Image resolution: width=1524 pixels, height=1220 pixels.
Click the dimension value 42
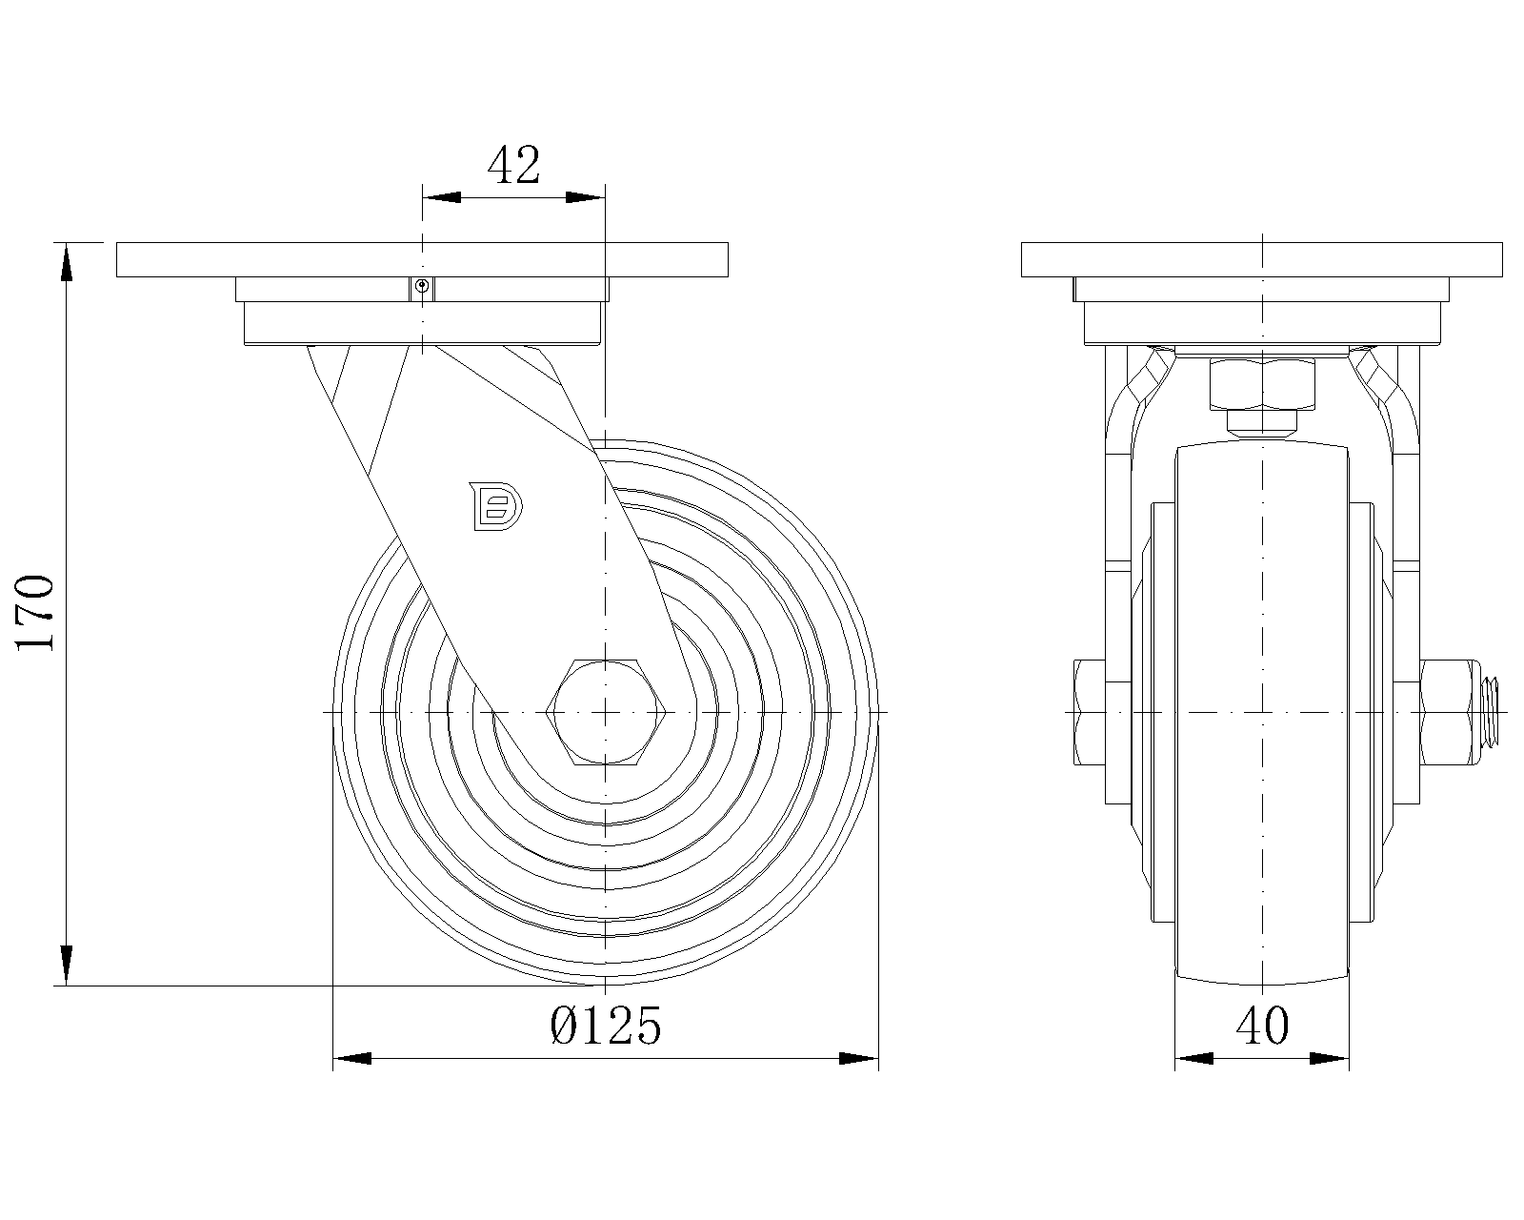click(x=513, y=166)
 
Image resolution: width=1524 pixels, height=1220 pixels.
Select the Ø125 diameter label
click(x=606, y=1027)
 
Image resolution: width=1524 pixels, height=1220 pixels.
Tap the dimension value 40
click(x=1262, y=1027)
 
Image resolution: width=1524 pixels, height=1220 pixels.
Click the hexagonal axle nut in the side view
click(x=605, y=712)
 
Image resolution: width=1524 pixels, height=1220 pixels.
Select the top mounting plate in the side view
click(x=422, y=259)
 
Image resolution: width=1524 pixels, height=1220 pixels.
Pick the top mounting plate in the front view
click(x=1261, y=259)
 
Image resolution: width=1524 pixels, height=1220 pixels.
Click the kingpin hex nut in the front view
click(x=1261, y=382)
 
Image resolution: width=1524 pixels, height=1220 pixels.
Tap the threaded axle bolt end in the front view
click(x=1492, y=712)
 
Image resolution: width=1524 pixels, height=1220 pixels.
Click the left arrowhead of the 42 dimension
click(x=441, y=197)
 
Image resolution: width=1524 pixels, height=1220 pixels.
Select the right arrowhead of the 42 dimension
click(x=585, y=197)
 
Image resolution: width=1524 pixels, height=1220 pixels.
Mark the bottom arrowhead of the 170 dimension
click(x=66, y=966)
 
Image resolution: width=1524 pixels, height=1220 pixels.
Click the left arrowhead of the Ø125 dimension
click(x=351, y=1058)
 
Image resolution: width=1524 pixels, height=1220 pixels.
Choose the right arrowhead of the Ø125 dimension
click(x=858, y=1058)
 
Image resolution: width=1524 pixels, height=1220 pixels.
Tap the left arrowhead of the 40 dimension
click(x=1193, y=1058)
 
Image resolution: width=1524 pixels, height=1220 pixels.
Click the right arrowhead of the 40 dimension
click(x=1330, y=1058)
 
